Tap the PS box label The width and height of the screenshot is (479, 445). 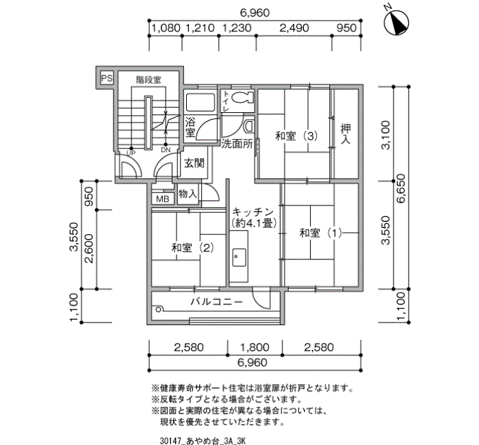[x=106, y=79]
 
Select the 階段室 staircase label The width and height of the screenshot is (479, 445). [x=148, y=80]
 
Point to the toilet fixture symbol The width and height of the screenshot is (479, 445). [x=239, y=99]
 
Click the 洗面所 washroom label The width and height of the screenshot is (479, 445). [x=237, y=144]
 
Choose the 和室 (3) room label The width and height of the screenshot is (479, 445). [x=296, y=136]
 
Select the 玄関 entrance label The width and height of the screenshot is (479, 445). [x=194, y=163]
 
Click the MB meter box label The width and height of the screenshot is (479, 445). [x=163, y=199]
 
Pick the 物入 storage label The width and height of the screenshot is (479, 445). [x=187, y=194]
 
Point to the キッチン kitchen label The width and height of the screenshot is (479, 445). [x=253, y=212]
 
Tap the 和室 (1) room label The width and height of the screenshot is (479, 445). [x=320, y=233]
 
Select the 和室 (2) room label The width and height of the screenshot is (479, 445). [x=185, y=246]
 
